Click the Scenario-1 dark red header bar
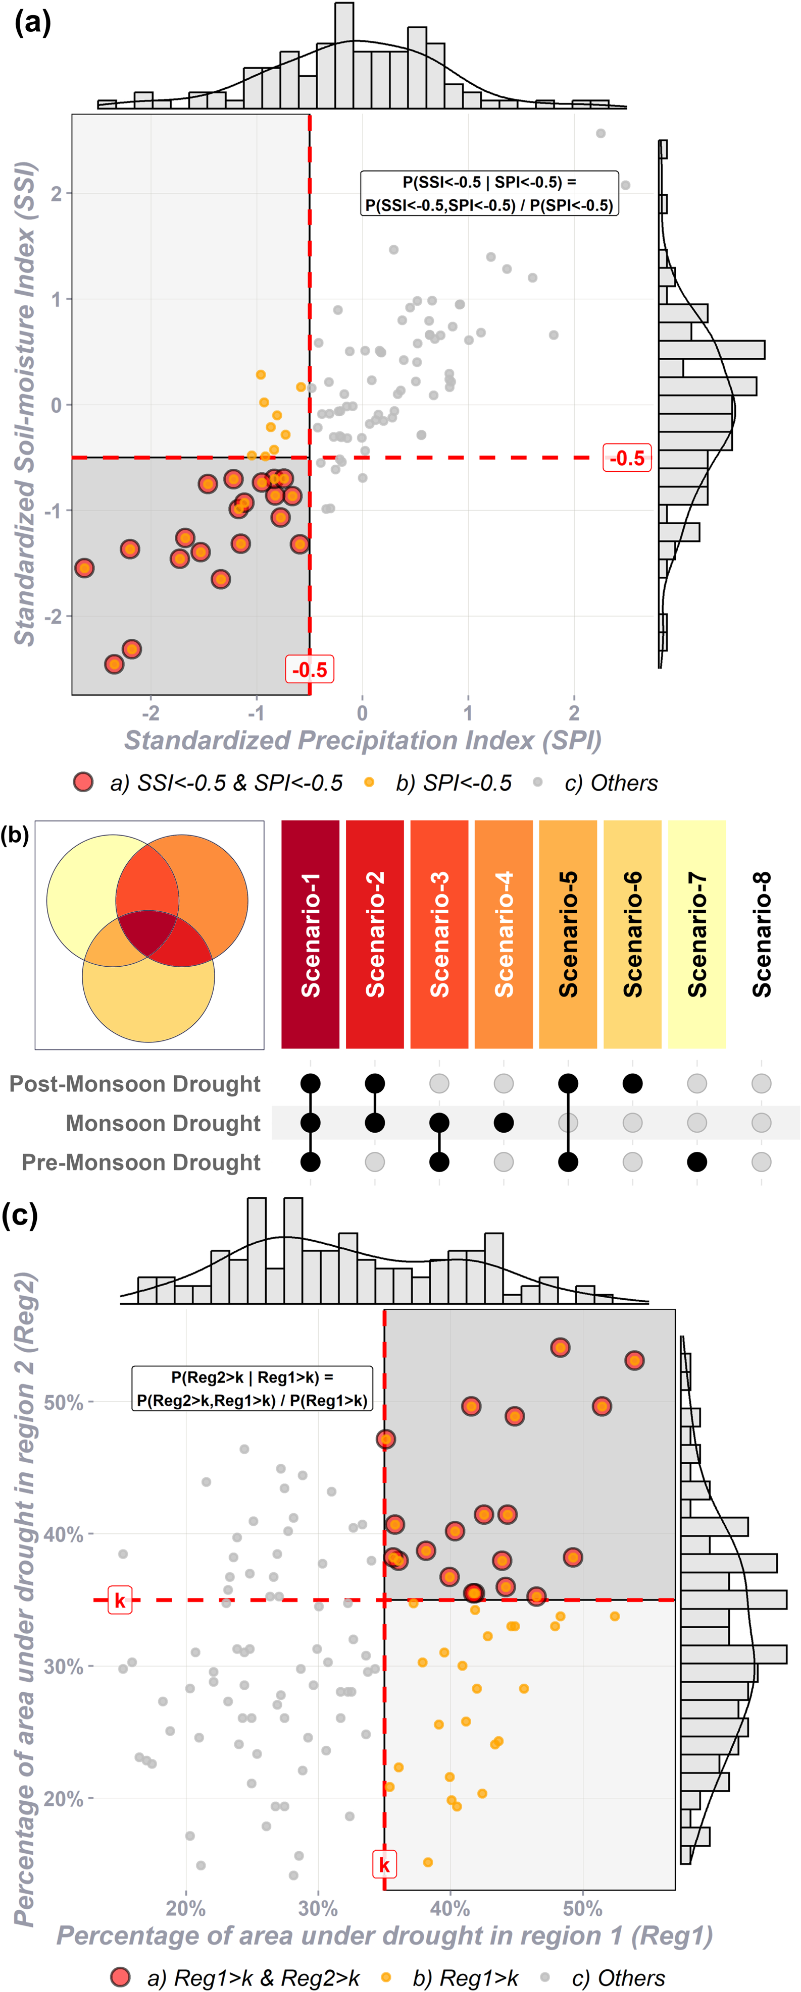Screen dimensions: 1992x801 (x=310, y=933)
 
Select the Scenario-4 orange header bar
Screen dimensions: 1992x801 (x=504, y=933)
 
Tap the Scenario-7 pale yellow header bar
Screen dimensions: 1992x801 (x=696, y=933)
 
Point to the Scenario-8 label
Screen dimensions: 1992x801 (x=762, y=933)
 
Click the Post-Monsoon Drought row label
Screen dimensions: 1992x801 (x=135, y=1083)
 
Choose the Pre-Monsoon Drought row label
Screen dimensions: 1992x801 (x=141, y=1163)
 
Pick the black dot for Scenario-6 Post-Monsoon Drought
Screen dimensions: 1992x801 (x=632, y=1083)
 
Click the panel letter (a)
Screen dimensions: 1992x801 (x=32, y=23)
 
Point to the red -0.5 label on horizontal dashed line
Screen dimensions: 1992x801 (x=627, y=458)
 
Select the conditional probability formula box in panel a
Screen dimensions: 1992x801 (x=489, y=193)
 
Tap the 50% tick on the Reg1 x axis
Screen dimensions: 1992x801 (x=582, y=1908)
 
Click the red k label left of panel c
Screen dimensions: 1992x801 (x=120, y=1600)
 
